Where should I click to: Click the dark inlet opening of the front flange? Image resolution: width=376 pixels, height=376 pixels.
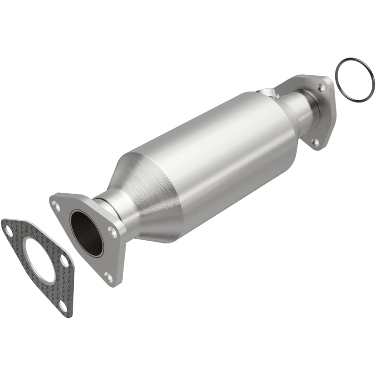[86, 233]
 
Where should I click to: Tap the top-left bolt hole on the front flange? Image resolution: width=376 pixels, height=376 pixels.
[56, 205]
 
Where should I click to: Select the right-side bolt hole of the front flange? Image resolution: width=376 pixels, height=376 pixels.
[112, 231]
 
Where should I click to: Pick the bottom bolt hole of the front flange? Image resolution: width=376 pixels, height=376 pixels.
[109, 277]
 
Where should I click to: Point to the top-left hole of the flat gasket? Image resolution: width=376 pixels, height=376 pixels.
[8, 229]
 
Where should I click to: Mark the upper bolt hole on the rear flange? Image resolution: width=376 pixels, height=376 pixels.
[321, 87]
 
